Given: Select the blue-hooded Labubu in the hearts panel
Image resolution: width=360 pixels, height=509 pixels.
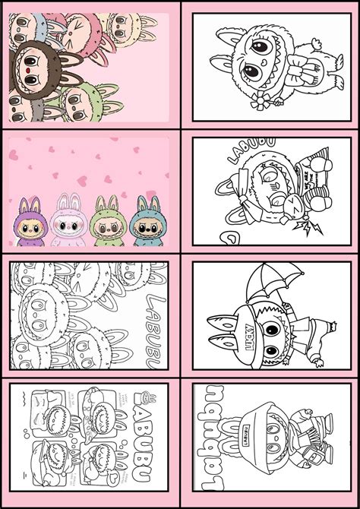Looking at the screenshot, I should (x=144, y=220).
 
